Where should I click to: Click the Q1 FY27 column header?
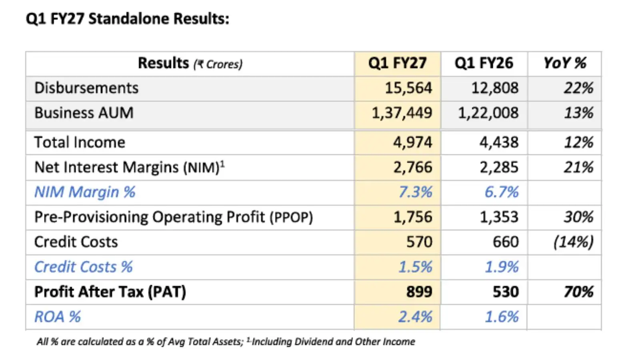coord(398,64)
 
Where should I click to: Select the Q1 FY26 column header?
coord(484,64)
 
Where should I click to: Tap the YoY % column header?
coord(565,63)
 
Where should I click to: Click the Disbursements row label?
coord(86,88)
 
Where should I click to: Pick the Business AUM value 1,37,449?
coord(402,113)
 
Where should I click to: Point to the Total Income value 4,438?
coord(499,142)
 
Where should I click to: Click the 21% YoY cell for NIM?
coord(578,167)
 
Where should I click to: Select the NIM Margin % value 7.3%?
coord(416,192)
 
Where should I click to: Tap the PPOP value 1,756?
coord(413,217)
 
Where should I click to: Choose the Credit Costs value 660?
coord(506,242)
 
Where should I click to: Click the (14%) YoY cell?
coord(574,242)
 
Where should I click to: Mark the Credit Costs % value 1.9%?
coord(502,267)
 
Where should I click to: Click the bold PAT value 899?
coord(420,292)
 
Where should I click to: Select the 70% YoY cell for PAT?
coord(578,292)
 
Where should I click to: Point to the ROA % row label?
coord(58,317)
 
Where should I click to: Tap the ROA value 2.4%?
coord(416,317)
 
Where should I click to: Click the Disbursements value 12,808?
coord(495,88)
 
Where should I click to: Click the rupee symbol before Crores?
coord(200,64)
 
